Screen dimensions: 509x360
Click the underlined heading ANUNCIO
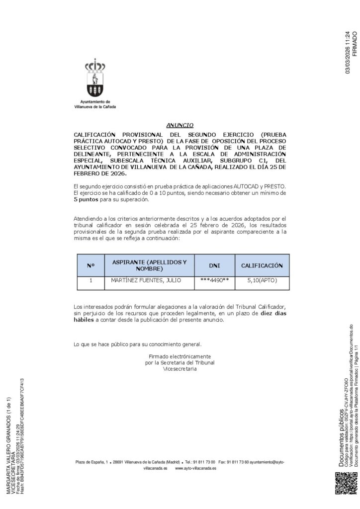(180, 125)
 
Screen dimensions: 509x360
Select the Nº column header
(90, 265)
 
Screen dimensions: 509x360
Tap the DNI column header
(214, 265)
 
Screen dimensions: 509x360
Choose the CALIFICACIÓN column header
(262, 265)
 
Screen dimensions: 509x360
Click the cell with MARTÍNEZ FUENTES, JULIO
(146, 281)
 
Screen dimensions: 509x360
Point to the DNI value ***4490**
(214, 281)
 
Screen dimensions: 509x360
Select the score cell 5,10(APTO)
(262, 281)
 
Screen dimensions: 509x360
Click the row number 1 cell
(90, 281)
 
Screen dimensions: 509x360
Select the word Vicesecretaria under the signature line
(180, 369)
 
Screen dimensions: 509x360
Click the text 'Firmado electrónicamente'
(180, 356)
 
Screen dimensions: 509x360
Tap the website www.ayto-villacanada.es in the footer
(195, 468)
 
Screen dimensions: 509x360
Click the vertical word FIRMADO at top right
(355, 44)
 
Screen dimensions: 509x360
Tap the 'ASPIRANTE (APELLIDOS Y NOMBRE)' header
(149, 265)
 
